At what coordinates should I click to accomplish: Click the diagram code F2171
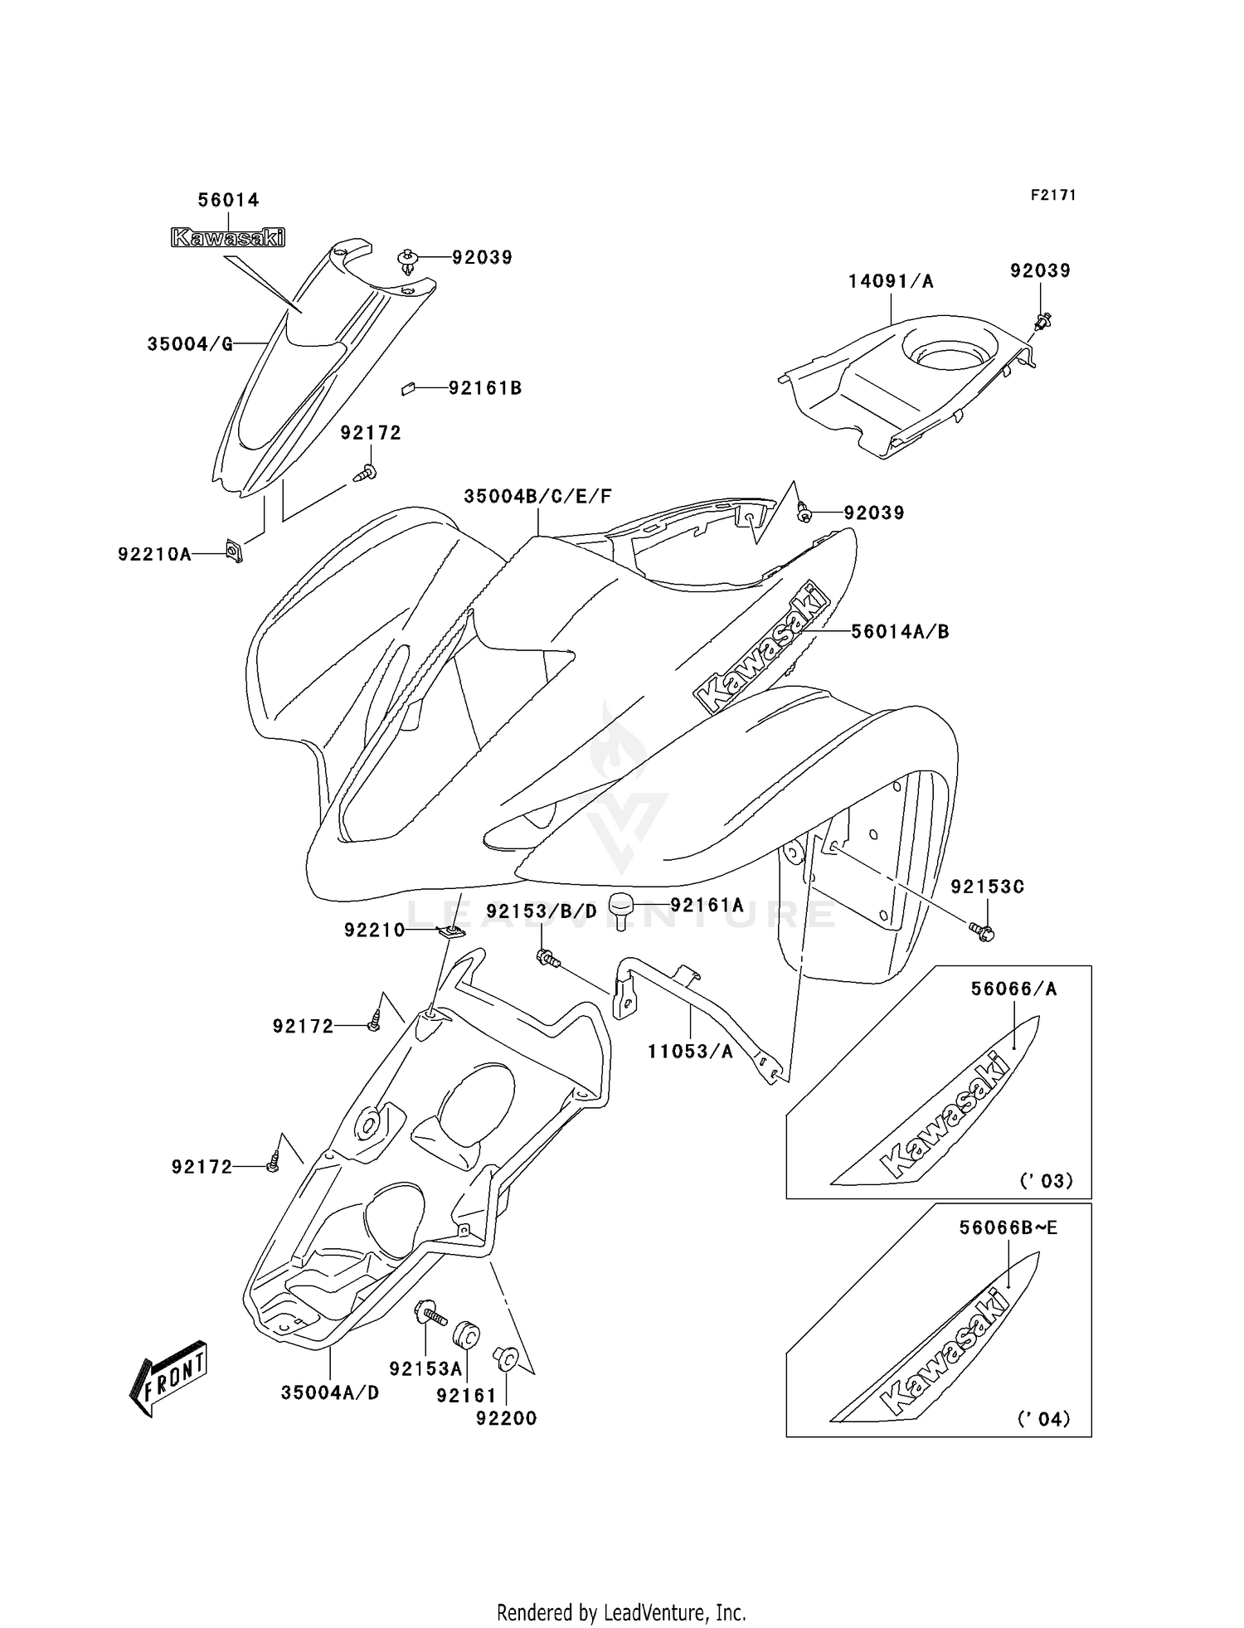click(x=1053, y=195)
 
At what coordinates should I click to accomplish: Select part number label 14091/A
click(x=891, y=281)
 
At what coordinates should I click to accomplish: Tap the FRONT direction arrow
click(x=168, y=1376)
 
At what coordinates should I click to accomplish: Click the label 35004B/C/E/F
click(x=537, y=496)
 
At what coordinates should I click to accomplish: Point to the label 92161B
click(x=485, y=387)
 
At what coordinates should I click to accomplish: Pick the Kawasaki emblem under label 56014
click(x=227, y=238)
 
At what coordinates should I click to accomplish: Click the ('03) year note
click(x=1046, y=1179)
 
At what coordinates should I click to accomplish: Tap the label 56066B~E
click(x=1008, y=1227)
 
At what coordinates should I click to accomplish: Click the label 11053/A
click(x=690, y=1052)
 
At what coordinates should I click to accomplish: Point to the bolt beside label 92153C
click(x=983, y=932)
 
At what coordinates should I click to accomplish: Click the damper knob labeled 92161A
click(x=623, y=908)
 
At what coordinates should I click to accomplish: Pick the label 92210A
click(x=154, y=554)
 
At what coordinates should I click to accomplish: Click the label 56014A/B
click(x=900, y=631)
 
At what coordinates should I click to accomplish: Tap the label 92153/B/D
click(x=542, y=911)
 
